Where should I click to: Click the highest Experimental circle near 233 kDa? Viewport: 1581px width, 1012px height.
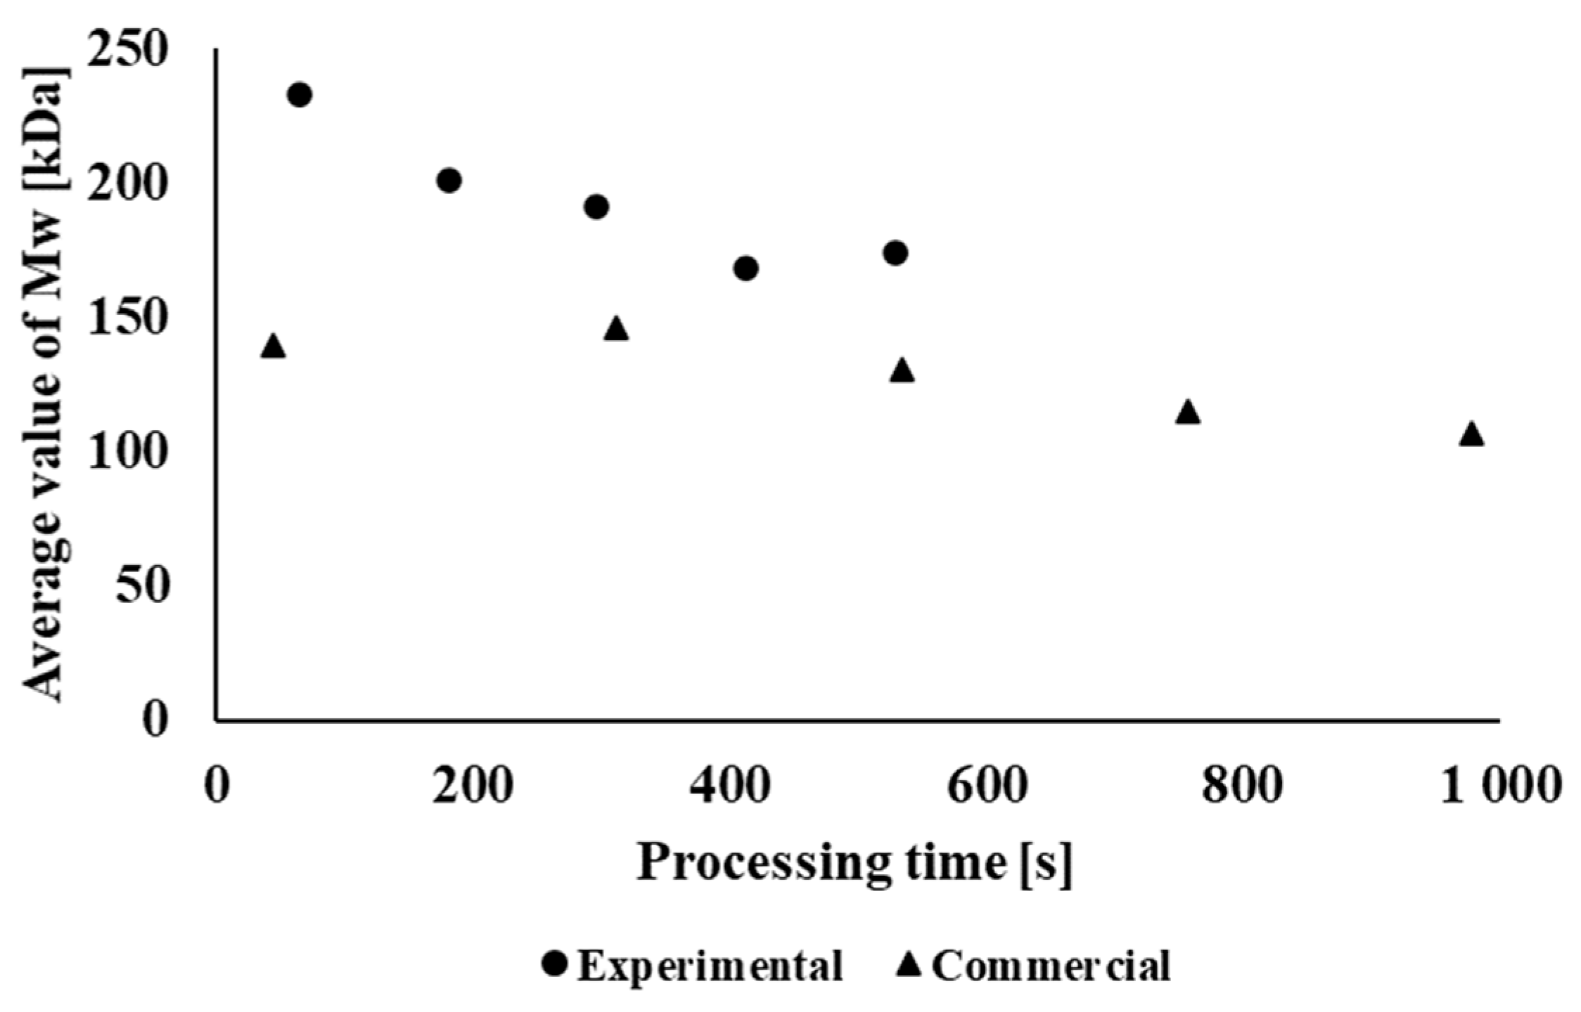point(300,94)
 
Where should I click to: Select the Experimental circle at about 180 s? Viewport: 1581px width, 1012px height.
point(449,181)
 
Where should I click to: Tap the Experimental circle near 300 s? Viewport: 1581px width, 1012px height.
point(596,207)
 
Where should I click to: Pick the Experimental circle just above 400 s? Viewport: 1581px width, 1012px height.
point(745,268)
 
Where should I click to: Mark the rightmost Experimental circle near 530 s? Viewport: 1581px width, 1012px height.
point(895,253)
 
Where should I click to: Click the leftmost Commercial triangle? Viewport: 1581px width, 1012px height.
point(273,346)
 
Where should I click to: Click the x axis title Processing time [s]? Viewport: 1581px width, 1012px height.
point(854,863)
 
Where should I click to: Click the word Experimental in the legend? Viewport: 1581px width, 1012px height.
point(710,966)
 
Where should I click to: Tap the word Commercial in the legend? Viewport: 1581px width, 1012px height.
point(1051,966)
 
